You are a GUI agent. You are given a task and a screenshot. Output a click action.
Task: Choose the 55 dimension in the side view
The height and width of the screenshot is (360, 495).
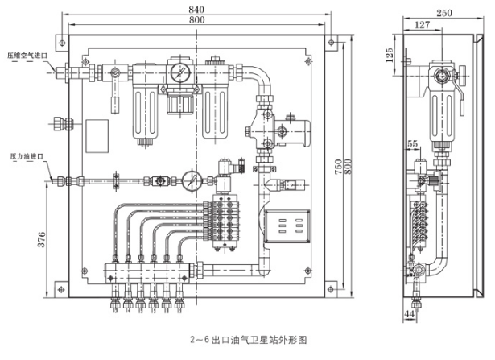pyautogui.click(x=414, y=143)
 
